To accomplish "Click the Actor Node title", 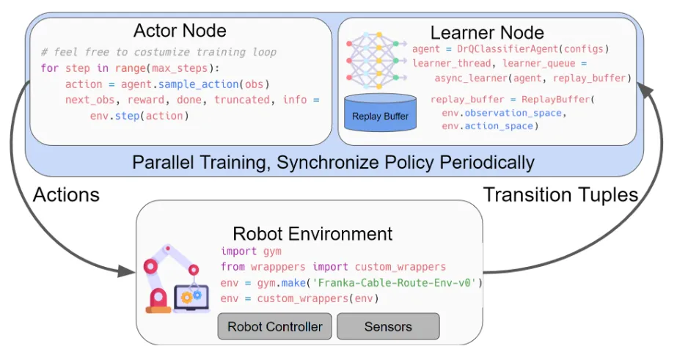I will [x=180, y=31].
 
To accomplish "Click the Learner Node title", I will [x=486, y=32].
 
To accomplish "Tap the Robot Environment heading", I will [x=312, y=234].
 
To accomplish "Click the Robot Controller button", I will [x=275, y=326].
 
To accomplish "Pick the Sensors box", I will [x=388, y=326].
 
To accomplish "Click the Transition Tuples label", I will [x=561, y=195].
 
